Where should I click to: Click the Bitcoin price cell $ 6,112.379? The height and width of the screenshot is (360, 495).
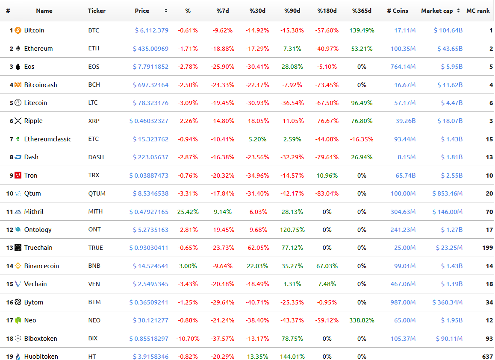[x=151, y=30]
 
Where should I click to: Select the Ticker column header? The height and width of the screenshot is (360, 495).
[x=97, y=11]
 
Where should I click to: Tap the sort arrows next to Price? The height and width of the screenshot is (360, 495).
[x=166, y=11]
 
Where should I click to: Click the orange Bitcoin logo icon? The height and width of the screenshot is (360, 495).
[x=18, y=30]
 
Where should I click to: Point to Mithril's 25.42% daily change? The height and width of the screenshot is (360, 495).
[x=188, y=212]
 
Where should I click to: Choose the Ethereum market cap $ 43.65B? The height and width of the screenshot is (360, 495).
[x=450, y=49]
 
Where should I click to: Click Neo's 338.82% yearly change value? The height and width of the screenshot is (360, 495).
[x=362, y=320]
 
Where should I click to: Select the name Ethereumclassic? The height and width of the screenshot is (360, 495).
[x=48, y=139]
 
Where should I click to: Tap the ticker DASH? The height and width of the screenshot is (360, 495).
[x=96, y=157]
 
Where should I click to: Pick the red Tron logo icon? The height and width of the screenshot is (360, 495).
[x=18, y=175]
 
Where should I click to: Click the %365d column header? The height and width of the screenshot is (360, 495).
[x=362, y=11]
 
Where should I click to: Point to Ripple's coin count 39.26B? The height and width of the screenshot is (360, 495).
[x=406, y=121]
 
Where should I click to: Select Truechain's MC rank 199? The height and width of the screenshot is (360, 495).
[x=487, y=248]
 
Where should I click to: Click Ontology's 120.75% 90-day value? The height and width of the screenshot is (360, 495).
[x=292, y=230]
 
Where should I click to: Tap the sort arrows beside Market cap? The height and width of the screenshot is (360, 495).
[x=458, y=11]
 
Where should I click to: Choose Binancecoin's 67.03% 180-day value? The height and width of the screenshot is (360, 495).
[x=327, y=266]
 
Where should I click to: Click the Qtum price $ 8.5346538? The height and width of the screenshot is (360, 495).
[x=150, y=193]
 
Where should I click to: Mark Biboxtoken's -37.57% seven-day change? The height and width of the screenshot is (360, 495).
[x=223, y=339]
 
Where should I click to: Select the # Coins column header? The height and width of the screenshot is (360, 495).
[x=398, y=11]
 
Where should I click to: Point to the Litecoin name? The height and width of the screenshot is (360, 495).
[x=35, y=103]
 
